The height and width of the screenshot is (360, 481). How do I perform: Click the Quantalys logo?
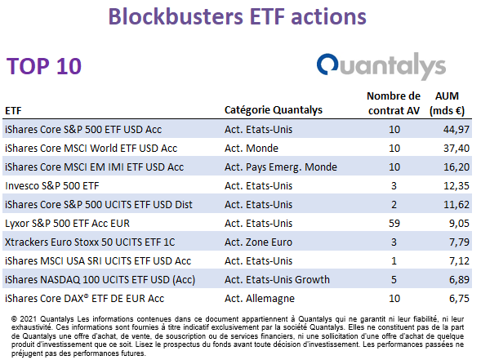coord(381,66)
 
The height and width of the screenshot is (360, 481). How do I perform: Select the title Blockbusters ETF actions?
coord(238,16)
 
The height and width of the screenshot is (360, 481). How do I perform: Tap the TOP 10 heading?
coord(44,66)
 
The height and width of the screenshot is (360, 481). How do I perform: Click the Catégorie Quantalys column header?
coord(274,110)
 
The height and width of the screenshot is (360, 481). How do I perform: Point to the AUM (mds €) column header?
coord(447,104)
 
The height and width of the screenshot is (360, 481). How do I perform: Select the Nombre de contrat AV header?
coord(394,104)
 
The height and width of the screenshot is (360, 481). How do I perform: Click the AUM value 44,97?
coord(457,130)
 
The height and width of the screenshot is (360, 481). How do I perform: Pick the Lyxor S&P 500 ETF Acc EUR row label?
coord(67,223)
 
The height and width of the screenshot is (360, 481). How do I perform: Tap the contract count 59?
coord(394,223)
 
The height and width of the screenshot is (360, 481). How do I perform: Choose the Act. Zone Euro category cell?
coord(258,242)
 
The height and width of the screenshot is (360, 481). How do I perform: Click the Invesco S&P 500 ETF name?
coord(51,186)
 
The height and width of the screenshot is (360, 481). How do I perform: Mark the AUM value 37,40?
coord(457,149)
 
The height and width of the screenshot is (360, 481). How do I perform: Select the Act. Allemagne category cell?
coord(260,298)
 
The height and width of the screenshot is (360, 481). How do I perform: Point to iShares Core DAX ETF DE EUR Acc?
coord(84,298)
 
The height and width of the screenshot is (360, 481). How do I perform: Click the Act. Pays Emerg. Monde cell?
coord(281,167)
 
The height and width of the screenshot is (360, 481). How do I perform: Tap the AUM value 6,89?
coord(459,280)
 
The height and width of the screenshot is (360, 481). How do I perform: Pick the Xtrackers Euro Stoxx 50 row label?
coord(90,242)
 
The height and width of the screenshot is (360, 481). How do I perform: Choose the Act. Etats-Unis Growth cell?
coord(277,280)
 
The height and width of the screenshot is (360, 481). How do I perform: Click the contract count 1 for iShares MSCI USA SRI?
coord(394,261)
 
